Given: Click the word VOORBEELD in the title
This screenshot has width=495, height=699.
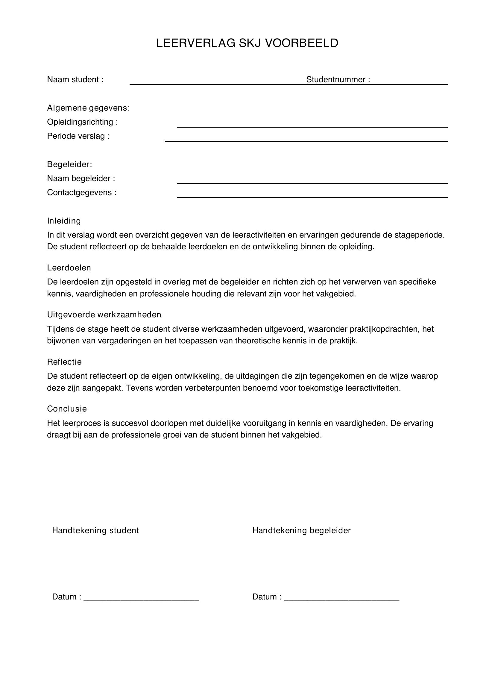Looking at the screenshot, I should [x=301, y=43].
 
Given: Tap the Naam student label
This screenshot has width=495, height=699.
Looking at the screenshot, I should [x=75, y=79].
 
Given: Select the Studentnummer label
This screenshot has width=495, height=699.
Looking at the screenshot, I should [x=338, y=79].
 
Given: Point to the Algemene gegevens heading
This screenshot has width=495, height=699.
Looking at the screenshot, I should [x=88, y=108].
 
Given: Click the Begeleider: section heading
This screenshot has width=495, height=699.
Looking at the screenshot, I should [x=69, y=164].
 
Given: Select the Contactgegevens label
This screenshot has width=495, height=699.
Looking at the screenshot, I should [x=82, y=192].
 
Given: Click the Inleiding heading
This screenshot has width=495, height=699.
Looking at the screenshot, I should [x=64, y=221].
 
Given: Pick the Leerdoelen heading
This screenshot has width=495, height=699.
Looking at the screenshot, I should [x=69, y=267].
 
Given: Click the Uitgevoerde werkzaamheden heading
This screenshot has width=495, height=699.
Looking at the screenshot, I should [x=104, y=314].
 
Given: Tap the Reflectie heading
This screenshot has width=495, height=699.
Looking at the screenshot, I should [x=64, y=362].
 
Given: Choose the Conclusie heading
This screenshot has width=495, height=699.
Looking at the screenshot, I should [x=67, y=409].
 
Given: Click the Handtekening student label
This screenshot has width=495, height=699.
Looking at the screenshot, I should [x=95, y=530].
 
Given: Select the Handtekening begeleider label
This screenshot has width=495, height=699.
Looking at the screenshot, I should [x=301, y=530].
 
